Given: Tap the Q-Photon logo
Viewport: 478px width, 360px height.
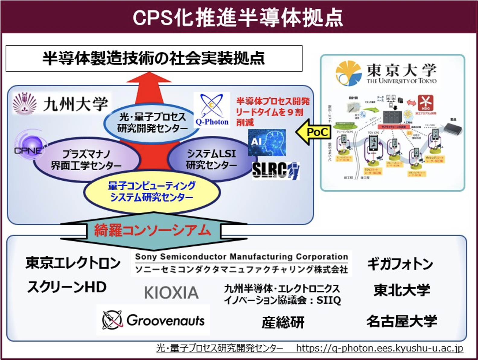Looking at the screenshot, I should coord(212,110).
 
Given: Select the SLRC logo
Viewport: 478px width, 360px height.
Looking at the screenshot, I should coord(275,171).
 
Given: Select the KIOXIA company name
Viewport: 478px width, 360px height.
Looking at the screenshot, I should coord(171,292).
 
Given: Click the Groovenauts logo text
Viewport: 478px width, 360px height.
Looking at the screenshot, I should coord(165,320).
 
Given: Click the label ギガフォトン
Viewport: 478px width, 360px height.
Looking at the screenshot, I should coord(400,264).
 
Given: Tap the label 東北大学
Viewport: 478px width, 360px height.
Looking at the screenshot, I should coord(402,290).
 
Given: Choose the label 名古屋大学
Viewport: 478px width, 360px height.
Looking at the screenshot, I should coord(402,321).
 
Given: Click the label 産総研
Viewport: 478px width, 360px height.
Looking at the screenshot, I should coord(283,323).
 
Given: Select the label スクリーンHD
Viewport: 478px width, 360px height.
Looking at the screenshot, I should coord(67,287).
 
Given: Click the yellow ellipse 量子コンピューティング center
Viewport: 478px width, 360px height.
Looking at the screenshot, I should coord(151,192).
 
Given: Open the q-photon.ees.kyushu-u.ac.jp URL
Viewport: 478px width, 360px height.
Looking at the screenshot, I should coord(379,348).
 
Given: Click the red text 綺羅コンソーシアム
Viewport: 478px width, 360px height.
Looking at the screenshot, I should coord(152,231).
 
